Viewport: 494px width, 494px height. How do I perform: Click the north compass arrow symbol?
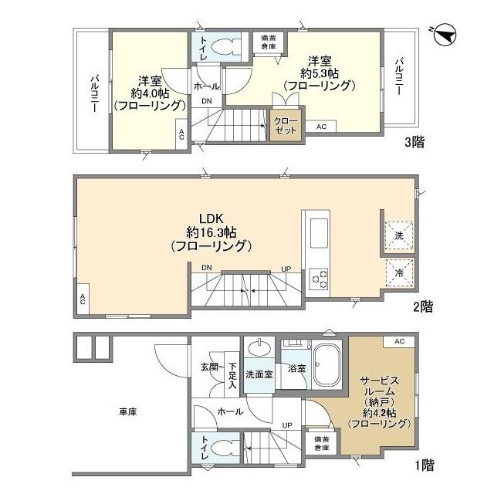443,34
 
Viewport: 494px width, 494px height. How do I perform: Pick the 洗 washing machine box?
400,234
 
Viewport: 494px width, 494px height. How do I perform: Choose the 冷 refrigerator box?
400,273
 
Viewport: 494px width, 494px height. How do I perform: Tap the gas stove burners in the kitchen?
319,279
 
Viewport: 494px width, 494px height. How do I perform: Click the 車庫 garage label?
127,412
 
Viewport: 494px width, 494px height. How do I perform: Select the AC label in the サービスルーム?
398,341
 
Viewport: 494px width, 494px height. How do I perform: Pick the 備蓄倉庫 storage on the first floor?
320,443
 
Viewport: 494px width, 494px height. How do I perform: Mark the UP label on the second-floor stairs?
286,269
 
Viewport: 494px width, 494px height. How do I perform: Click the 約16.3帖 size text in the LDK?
210,232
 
